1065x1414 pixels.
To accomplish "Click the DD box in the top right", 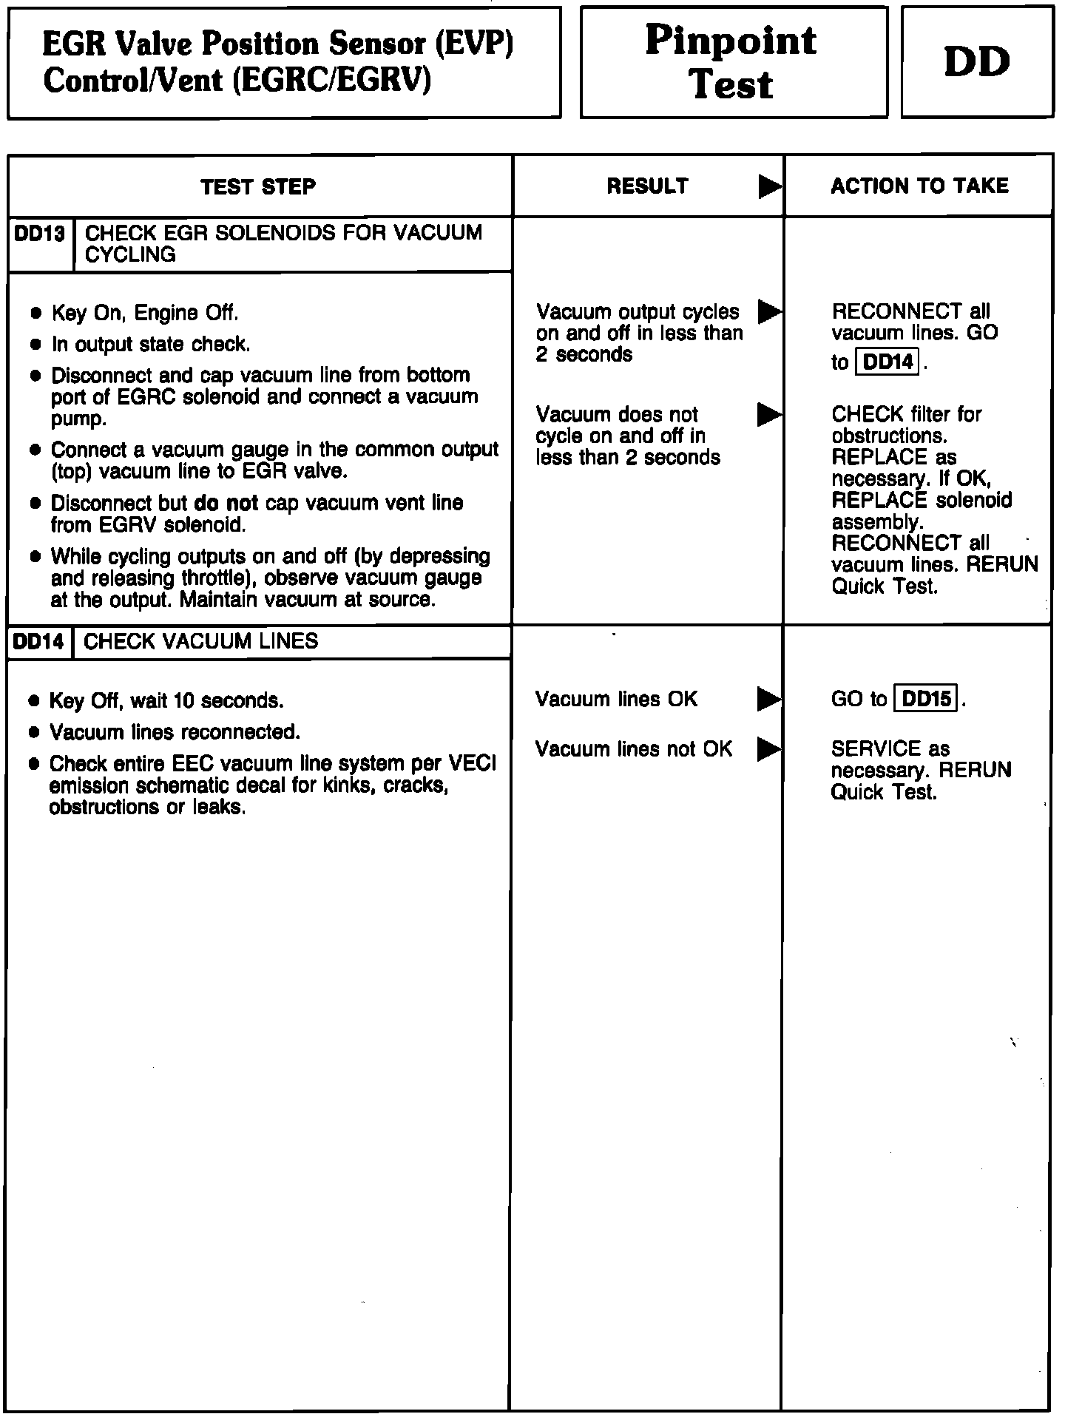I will (x=977, y=62).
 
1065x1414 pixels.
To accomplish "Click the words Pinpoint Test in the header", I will (x=731, y=62).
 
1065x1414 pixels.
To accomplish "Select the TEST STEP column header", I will (x=258, y=186).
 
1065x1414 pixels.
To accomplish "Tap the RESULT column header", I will (x=647, y=186).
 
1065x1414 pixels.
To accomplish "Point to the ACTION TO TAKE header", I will (x=919, y=186).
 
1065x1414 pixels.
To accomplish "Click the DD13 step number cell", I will (x=40, y=234).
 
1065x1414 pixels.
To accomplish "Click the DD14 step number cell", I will (x=39, y=641).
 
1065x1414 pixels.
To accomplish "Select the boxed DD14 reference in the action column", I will (x=887, y=362).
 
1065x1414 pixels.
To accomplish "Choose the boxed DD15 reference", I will (x=927, y=699).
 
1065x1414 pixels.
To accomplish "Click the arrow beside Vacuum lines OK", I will (x=769, y=699).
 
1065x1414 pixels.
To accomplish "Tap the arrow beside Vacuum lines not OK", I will (x=769, y=750).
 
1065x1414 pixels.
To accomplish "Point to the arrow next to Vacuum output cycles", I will (x=769, y=312).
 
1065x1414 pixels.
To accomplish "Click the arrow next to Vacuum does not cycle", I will (x=769, y=415).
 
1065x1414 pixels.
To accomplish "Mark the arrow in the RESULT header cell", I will (x=769, y=187).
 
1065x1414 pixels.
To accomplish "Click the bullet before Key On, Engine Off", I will (x=35, y=314).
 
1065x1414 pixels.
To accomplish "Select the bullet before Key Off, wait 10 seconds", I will (x=34, y=701).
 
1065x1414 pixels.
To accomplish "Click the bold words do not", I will (x=226, y=504).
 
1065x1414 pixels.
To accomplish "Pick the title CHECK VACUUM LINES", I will (x=201, y=641).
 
